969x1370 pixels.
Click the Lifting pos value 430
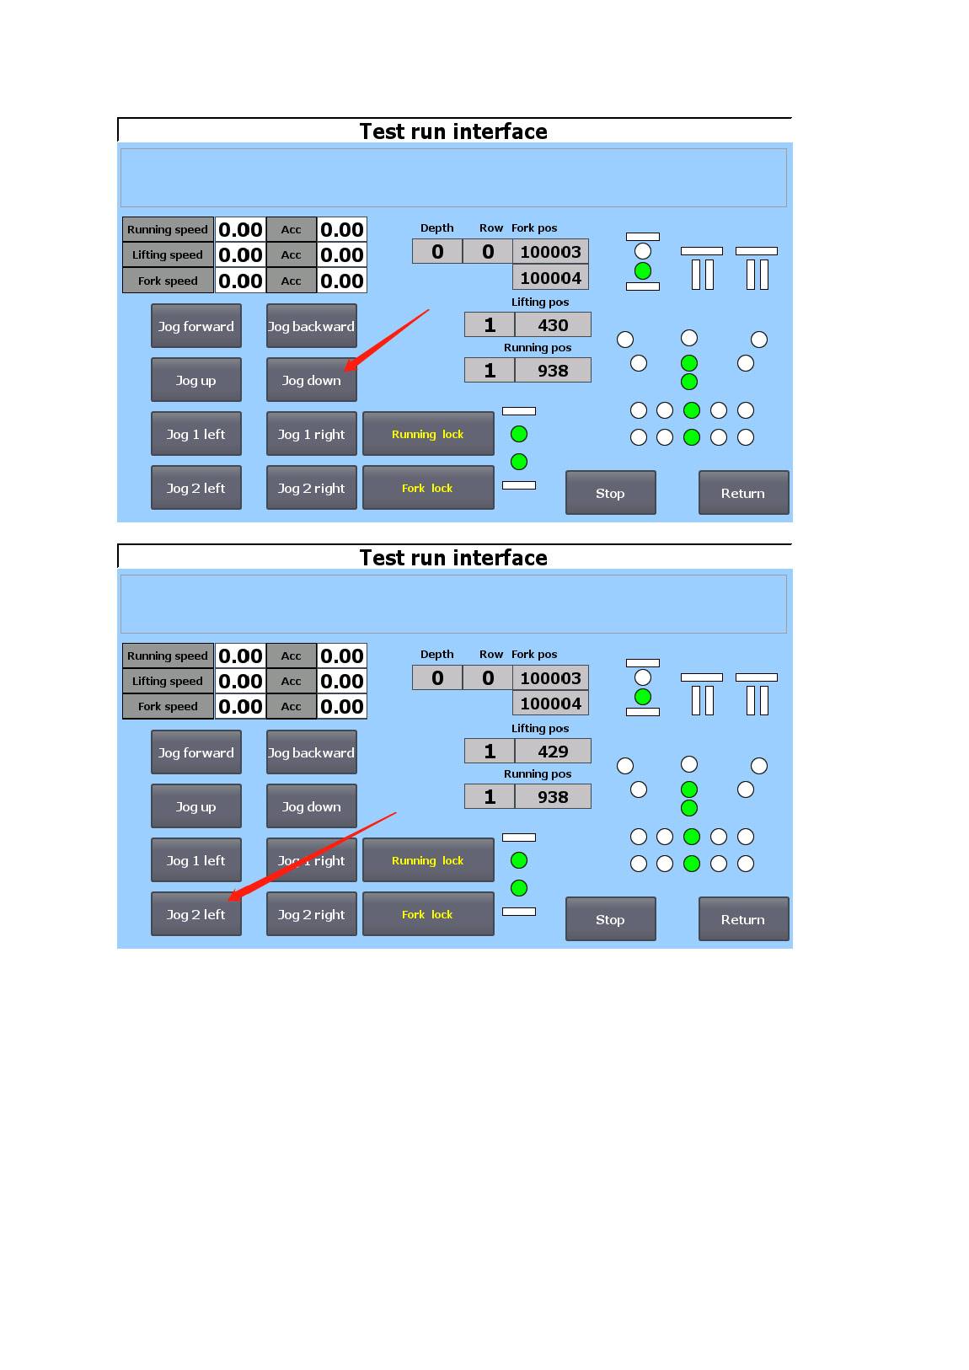coord(553,324)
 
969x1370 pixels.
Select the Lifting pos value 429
coord(553,751)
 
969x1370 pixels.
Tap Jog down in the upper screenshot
coord(312,380)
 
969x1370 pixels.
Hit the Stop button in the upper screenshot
coord(611,493)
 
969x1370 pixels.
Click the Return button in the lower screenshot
coord(743,919)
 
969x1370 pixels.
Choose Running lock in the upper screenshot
coord(428,434)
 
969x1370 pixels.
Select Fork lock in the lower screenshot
coord(428,914)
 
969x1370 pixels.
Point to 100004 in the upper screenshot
coord(550,278)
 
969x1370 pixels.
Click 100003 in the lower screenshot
coord(550,677)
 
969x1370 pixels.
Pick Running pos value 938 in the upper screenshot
coord(553,370)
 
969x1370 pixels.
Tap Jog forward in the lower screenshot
coord(196,752)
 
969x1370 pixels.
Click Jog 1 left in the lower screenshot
coord(196,860)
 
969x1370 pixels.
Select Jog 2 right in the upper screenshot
coord(312,488)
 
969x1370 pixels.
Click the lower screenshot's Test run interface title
coord(453,558)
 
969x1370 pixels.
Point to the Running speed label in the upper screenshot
coord(168,229)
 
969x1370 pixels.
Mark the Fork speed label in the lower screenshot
coord(168,706)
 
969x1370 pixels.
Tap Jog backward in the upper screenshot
coord(312,326)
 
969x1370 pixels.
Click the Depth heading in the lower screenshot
coord(436,654)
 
